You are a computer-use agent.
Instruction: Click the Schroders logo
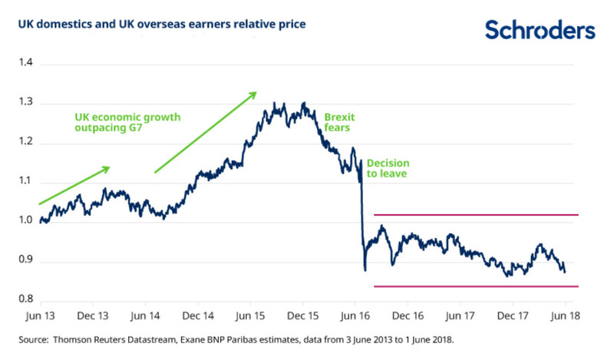540,30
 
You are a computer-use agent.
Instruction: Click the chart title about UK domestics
157,25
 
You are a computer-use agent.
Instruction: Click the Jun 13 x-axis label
40,315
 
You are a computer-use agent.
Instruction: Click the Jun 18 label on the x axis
566,315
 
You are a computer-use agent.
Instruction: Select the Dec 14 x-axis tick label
197,315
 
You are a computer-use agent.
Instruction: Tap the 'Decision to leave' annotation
388,169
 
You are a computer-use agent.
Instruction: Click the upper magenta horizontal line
476,216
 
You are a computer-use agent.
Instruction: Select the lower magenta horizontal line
476,286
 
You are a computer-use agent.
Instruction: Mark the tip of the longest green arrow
257,93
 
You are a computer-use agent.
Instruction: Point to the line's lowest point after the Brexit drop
365,270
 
